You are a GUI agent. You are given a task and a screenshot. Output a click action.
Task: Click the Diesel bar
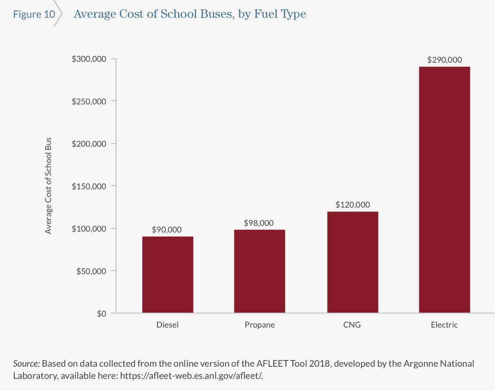pyautogui.click(x=167, y=274)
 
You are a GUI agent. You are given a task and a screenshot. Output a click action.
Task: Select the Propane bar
pyautogui.click(x=259, y=271)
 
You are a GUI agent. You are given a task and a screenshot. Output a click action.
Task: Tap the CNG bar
pyautogui.click(x=352, y=262)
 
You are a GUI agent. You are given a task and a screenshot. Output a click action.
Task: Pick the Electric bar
pyautogui.click(x=444, y=189)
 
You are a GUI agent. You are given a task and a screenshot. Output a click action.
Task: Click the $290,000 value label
pyautogui.click(x=444, y=60)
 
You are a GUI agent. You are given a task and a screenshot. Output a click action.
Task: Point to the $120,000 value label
pyautogui.click(x=352, y=205)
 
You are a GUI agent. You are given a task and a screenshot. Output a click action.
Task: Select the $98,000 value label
pyautogui.click(x=259, y=223)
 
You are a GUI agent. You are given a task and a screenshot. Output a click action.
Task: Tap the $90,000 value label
pyautogui.click(x=166, y=230)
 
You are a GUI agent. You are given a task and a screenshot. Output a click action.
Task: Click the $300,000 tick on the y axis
pyautogui.click(x=89, y=59)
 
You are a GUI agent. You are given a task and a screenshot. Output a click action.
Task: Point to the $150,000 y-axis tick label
pyautogui.click(x=89, y=186)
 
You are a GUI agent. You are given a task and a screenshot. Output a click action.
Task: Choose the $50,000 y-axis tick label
pyautogui.click(x=91, y=271)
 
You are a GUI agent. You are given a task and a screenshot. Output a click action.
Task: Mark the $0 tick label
pyautogui.click(x=101, y=313)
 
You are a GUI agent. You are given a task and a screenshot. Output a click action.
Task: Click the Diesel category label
pyautogui.click(x=167, y=325)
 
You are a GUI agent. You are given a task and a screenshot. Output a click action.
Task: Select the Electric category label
pyautogui.click(x=444, y=325)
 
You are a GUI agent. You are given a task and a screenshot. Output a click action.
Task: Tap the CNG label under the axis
pyautogui.click(x=352, y=325)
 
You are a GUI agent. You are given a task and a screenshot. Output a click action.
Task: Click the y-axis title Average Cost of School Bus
pyautogui.click(x=48, y=186)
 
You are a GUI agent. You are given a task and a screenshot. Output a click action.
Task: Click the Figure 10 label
pyautogui.click(x=34, y=14)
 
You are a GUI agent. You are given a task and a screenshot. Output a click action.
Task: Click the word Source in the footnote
pyautogui.click(x=26, y=363)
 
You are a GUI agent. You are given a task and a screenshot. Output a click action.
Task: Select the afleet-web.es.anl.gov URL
pyautogui.click(x=191, y=376)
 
